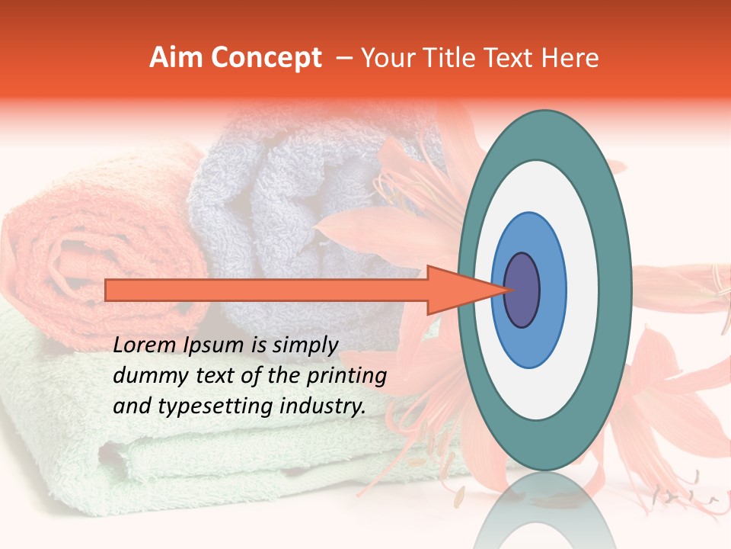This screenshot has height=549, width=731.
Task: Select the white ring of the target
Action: (583, 290)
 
